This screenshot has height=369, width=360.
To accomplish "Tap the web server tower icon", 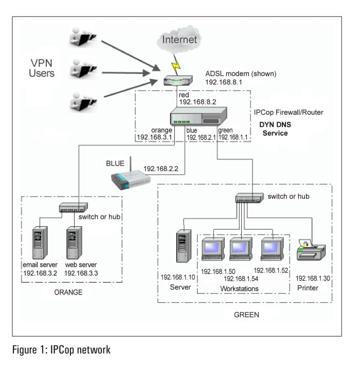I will coord(75,242).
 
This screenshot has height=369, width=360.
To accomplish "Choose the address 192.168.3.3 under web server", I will coord(81,273).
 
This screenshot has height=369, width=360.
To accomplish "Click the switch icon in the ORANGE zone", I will coord(73,207).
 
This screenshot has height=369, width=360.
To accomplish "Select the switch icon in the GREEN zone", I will coord(249,198).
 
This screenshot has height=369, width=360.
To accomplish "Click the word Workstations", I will coord(240,289).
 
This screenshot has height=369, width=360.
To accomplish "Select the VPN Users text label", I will coord(42,68).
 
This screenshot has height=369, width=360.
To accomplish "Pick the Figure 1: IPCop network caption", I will coord(62,350).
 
